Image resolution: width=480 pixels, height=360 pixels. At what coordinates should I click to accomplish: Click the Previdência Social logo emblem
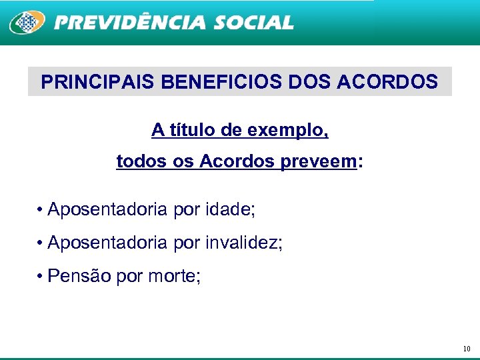coord(27,23)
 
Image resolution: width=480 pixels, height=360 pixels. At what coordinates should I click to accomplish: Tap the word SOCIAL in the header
coord(253,23)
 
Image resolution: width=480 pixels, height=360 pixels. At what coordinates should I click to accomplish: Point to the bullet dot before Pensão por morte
coord(41,275)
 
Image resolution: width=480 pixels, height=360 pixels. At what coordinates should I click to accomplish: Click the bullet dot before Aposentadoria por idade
coord(41,211)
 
